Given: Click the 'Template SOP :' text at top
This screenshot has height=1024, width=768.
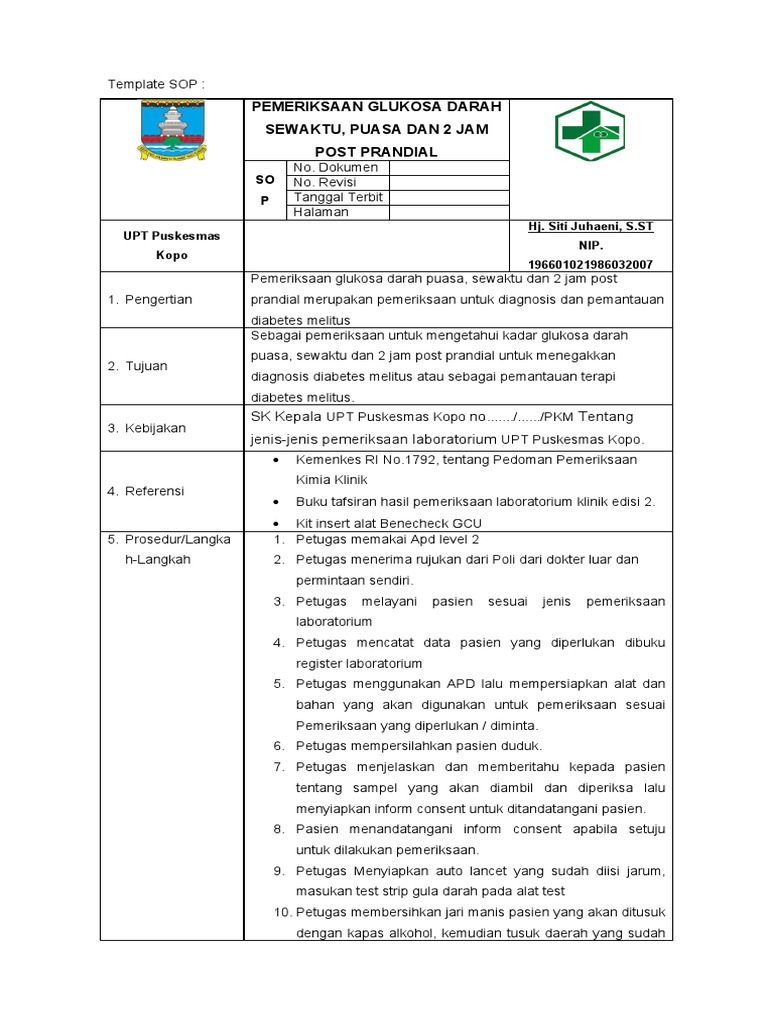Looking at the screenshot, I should pyautogui.click(x=155, y=84).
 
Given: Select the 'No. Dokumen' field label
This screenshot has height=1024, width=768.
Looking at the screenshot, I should pyautogui.click(x=331, y=168).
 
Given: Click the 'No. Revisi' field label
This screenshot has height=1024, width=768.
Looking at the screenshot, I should pyautogui.click(x=324, y=183).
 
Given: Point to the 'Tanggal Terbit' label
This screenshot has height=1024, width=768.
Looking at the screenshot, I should pyautogui.click(x=338, y=198).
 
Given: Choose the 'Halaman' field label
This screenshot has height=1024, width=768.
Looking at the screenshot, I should pyautogui.click(x=321, y=213).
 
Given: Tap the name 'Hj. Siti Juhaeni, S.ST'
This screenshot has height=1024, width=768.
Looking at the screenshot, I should pyautogui.click(x=590, y=227).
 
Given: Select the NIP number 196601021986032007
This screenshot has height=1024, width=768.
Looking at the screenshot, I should pyautogui.click(x=590, y=264).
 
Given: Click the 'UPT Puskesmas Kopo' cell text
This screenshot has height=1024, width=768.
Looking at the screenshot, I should pyautogui.click(x=172, y=245).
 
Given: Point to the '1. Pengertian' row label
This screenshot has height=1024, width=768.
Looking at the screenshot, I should pyautogui.click(x=150, y=300).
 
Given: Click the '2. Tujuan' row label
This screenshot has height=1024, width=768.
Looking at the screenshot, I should pyautogui.click(x=138, y=366).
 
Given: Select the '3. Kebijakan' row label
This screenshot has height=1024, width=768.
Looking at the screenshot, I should pyautogui.click(x=147, y=428).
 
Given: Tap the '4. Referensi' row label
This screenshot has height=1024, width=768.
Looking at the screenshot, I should pyautogui.click(x=148, y=491).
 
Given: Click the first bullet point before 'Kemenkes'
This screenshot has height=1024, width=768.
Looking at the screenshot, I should pyautogui.click(x=277, y=460).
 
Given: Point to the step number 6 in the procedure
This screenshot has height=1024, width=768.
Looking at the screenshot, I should pyautogui.click(x=280, y=746).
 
